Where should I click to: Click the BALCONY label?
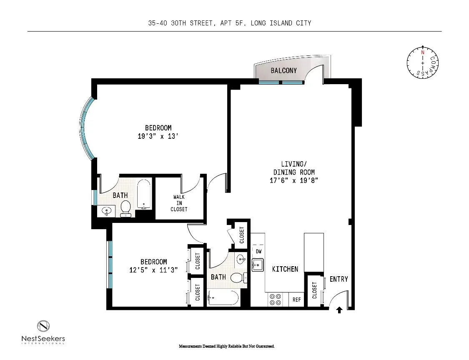(283, 70)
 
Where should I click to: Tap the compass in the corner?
(423, 62)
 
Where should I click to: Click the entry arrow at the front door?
(339, 310)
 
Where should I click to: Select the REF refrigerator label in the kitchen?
(296, 300)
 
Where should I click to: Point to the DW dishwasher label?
(258, 252)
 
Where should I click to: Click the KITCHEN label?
(285, 269)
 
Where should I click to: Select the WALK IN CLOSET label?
(179, 203)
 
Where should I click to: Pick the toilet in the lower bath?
(237, 277)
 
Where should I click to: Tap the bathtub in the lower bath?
(223, 298)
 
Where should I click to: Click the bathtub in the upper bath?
(144, 195)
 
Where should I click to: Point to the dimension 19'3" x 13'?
(158, 136)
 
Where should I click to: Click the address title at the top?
(230, 23)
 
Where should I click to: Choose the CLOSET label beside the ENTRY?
(314, 290)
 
